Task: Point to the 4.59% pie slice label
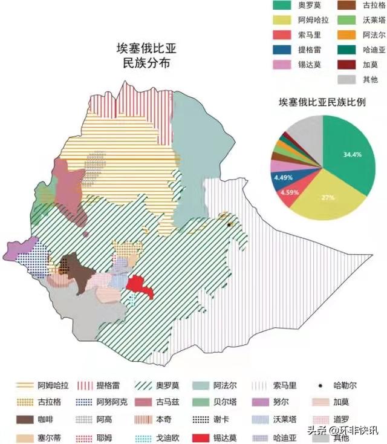point(290,193)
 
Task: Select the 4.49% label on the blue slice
point(283,178)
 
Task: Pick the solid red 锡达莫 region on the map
point(141,286)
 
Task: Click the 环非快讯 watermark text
point(357,431)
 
